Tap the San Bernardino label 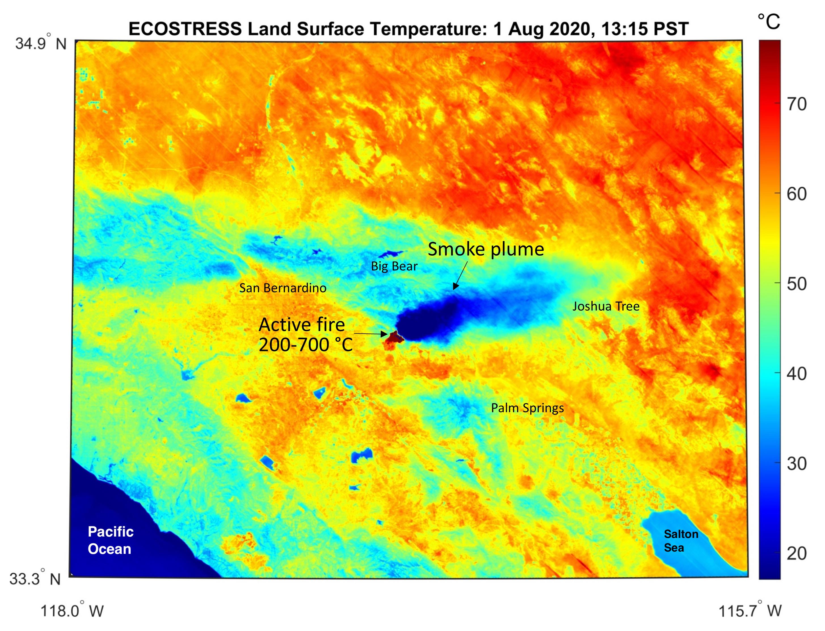point(283,288)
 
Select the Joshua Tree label point(605,306)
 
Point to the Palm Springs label point(527,408)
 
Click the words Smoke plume point(485,249)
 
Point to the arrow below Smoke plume point(460,275)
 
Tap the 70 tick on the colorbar point(796,104)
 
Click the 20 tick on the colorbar point(796,554)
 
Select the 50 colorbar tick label point(796,284)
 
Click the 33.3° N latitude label point(35,579)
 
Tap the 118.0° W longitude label point(71,611)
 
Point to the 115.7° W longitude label point(750,611)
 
